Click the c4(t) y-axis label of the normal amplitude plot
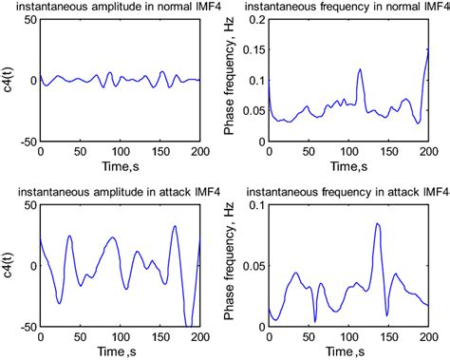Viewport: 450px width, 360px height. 9,81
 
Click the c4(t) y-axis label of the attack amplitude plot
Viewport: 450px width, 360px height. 9,265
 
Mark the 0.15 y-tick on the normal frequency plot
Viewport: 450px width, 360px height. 254,49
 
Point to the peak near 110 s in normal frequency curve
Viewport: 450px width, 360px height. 361,68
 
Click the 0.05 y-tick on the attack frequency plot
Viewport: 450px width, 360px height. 254,266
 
